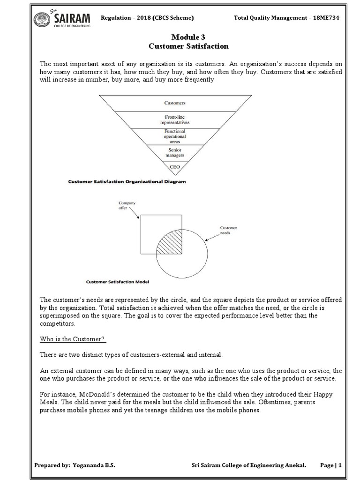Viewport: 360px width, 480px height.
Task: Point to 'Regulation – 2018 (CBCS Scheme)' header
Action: pyautogui.click(x=148, y=18)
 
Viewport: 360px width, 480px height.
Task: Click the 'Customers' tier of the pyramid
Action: pyautogui.click(x=175, y=102)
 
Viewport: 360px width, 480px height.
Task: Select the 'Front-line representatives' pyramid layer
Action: pyautogui.click(x=175, y=120)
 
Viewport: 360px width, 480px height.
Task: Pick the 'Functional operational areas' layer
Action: pyautogui.click(x=175, y=136)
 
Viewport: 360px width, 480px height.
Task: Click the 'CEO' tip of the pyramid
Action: pyautogui.click(x=175, y=166)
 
